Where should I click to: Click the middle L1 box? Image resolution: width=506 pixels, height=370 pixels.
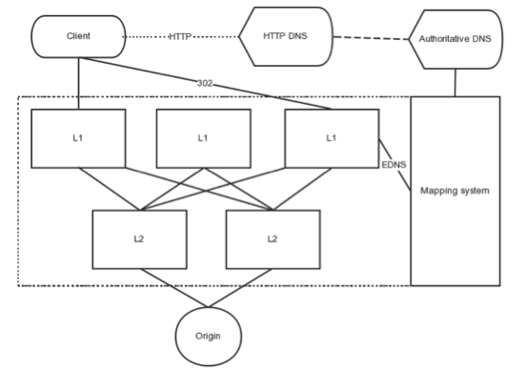pyautogui.click(x=202, y=137)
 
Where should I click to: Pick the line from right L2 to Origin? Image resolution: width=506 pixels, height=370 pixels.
pyautogui.click(x=250, y=290)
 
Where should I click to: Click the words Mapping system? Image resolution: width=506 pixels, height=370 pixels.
pyautogui.click(x=455, y=192)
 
